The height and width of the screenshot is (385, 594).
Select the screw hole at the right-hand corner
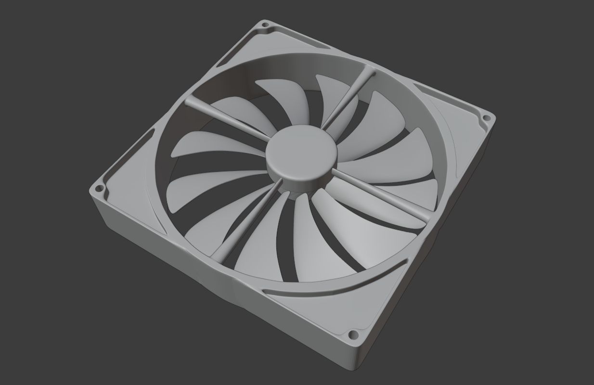[x=486, y=117]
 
